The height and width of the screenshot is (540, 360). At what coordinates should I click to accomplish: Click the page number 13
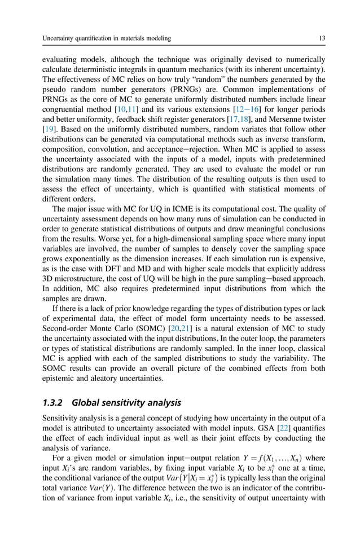[321, 38]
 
